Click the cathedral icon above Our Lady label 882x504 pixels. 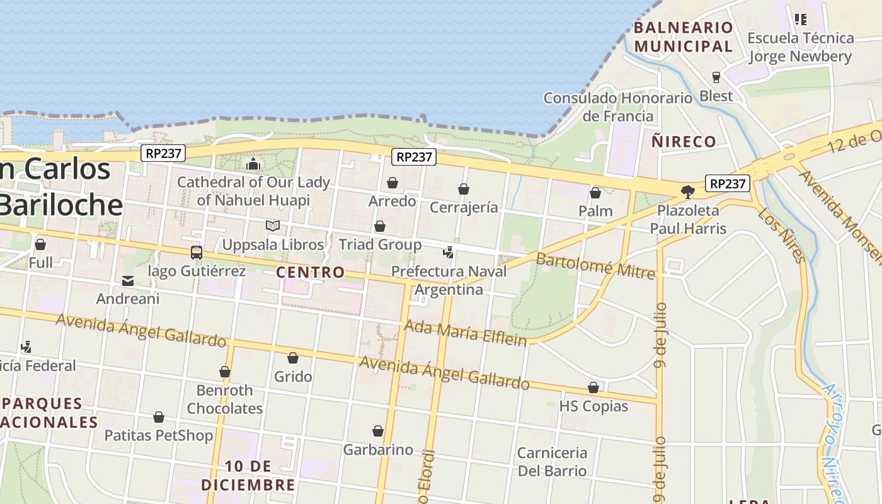253,164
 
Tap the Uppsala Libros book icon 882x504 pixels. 272,226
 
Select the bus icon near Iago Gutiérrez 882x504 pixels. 197,253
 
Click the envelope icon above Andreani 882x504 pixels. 128,280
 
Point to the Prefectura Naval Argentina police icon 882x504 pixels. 448,253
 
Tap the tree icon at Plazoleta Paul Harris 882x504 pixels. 688,192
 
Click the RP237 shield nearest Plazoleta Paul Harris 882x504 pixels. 726,183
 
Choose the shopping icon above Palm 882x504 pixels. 595,193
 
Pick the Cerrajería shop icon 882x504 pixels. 464,189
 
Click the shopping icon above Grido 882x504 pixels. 293,358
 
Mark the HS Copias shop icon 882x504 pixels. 593,387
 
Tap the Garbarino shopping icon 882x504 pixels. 378,431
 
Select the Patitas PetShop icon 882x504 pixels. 159,417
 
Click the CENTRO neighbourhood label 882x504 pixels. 311,272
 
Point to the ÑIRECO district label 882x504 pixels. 684,141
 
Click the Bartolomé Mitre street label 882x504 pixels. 595,266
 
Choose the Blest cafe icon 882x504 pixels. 716,77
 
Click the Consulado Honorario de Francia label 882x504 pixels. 617,107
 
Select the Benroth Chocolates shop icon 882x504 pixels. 224,372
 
